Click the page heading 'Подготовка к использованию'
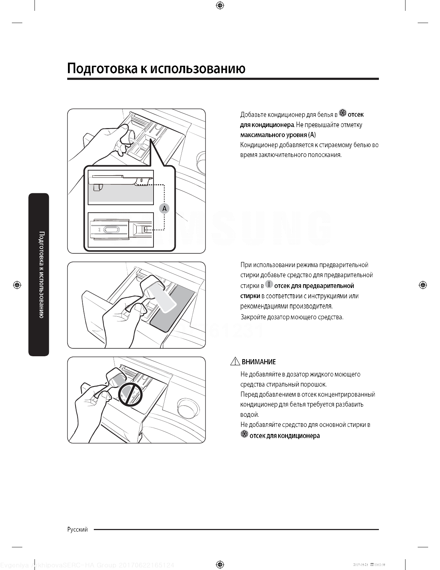coord(156,68)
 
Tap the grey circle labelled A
coord(164,208)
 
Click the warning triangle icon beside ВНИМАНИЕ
coord(235,361)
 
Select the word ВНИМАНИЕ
coord(259,362)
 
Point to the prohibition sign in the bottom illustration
coord(130,394)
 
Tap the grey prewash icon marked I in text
coord(269,284)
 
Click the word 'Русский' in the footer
coord(77,529)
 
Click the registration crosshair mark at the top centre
coord(220,5)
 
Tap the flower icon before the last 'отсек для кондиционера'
coord(244,434)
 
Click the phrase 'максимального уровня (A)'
coord(278,135)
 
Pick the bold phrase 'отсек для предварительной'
coord(314,286)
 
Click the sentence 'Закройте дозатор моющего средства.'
coord(292,317)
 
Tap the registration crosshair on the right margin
coord(423,285)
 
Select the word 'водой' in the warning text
coord(249,415)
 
